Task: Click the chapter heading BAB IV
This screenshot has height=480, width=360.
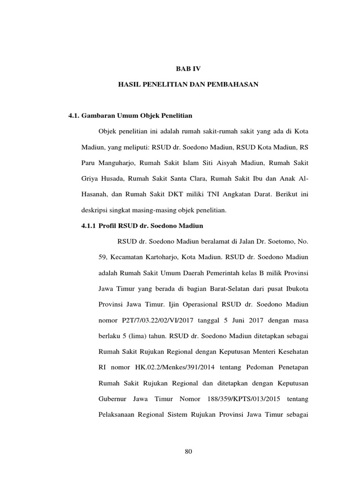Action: (x=187, y=68)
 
